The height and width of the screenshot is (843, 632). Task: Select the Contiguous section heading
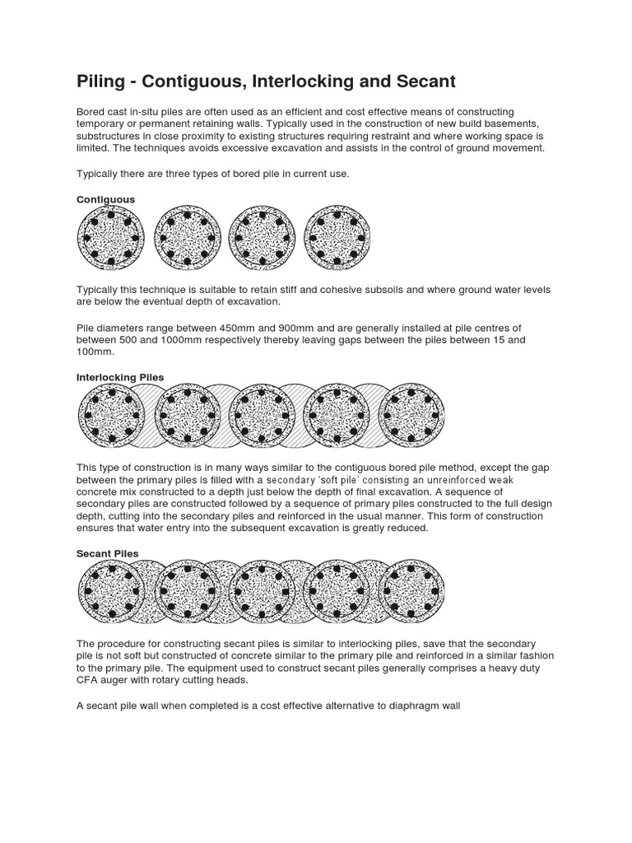coord(105,199)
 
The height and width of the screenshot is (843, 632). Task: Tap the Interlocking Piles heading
coord(120,377)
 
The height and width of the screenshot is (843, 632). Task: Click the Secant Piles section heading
coord(107,553)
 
